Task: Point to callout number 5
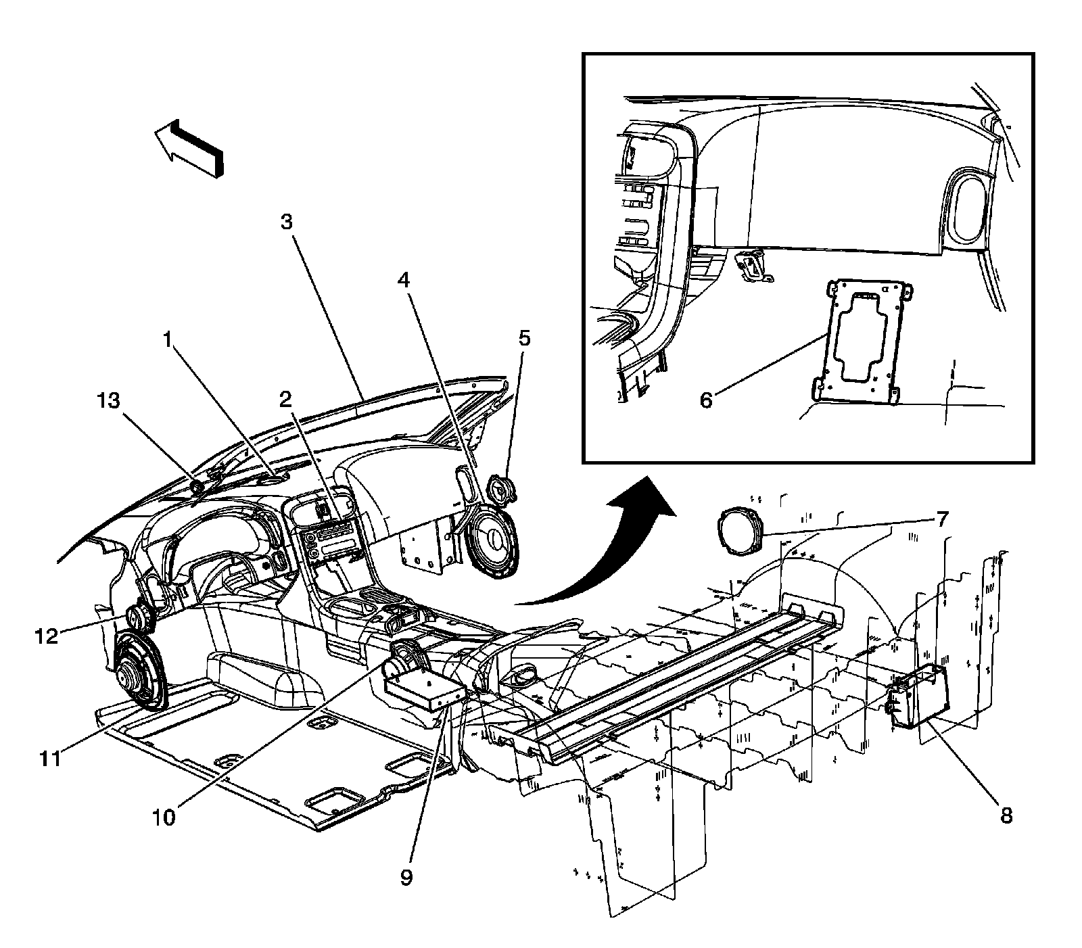(x=525, y=338)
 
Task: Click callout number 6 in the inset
(x=705, y=400)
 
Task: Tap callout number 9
(x=406, y=877)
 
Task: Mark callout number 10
(x=164, y=817)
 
